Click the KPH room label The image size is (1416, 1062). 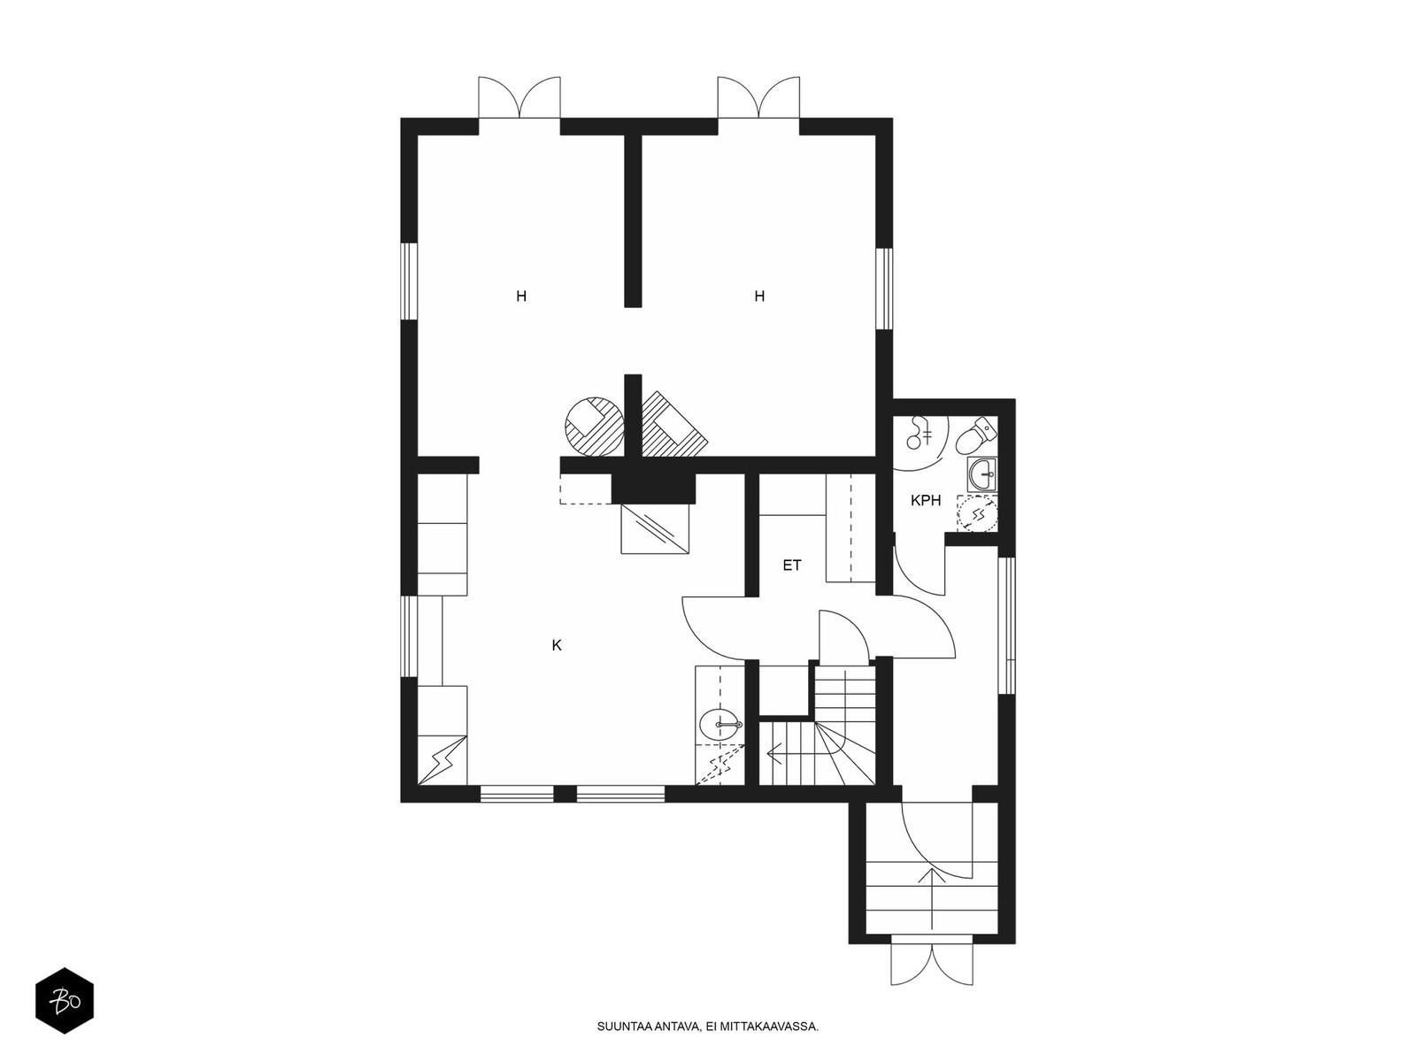pyautogui.click(x=925, y=500)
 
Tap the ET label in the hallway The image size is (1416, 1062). pyautogui.click(x=791, y=566)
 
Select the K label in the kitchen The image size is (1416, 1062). pyautogui.click(x=557, y=645)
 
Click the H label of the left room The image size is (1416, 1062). pyautogui.click(x=521, y=296)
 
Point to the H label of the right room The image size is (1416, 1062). pyautogui.click(x=759, y=296)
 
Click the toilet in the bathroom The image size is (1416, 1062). pyautogui.click(x=975, y=435)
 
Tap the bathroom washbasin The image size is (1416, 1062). pyautogui.click(x=981, y=474)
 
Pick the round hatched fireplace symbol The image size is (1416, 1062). pyautogui.click(x=594, y=427)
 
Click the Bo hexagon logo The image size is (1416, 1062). pyautogui.click(x=65, y=1000)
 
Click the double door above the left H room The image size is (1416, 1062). pyautogui.click(x=519, y=97)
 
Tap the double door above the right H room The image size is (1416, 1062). pyautogui.click(x=758, y=97)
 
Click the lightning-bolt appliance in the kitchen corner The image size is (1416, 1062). pyautogui.click(x=442, y=760)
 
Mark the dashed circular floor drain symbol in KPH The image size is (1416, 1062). pyautogui.click(x=978, y=514)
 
